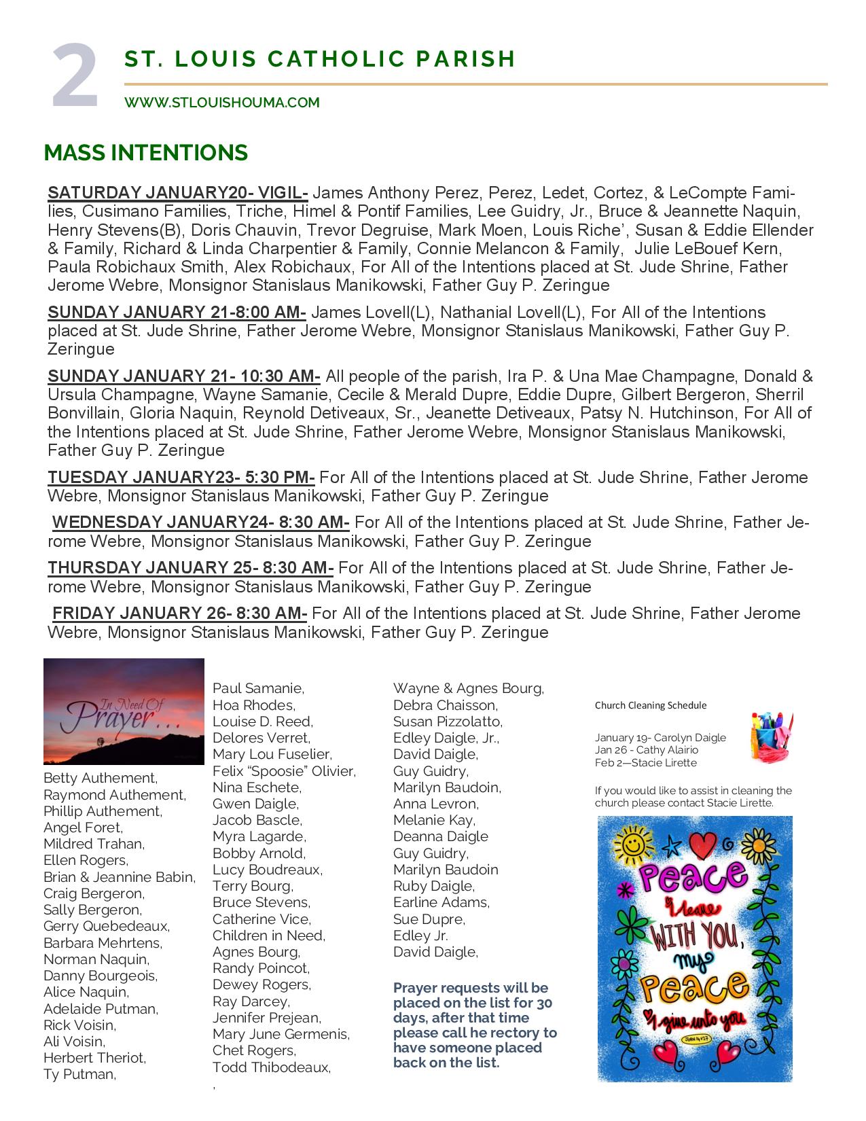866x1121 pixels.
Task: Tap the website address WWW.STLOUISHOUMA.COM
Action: (221, 103)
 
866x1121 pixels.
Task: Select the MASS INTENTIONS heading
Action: (145, 153)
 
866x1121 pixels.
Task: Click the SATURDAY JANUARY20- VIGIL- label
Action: (178, 193)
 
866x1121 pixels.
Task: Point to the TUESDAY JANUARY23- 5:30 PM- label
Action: (181, 478)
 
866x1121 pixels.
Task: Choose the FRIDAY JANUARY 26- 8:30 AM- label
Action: (179, 613)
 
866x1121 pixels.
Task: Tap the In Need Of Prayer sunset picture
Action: (124, 711)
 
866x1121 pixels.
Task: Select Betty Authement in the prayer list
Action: (100, 778)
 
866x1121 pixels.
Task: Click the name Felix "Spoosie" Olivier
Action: (284, 771)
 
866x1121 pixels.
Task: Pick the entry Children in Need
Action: (268, 936)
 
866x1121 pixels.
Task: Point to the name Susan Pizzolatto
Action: (447, 722)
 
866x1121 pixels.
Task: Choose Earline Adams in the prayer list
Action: (441, 902)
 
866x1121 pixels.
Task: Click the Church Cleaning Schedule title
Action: (650, 705)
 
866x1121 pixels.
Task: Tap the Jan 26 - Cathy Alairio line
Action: (646, 750)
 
